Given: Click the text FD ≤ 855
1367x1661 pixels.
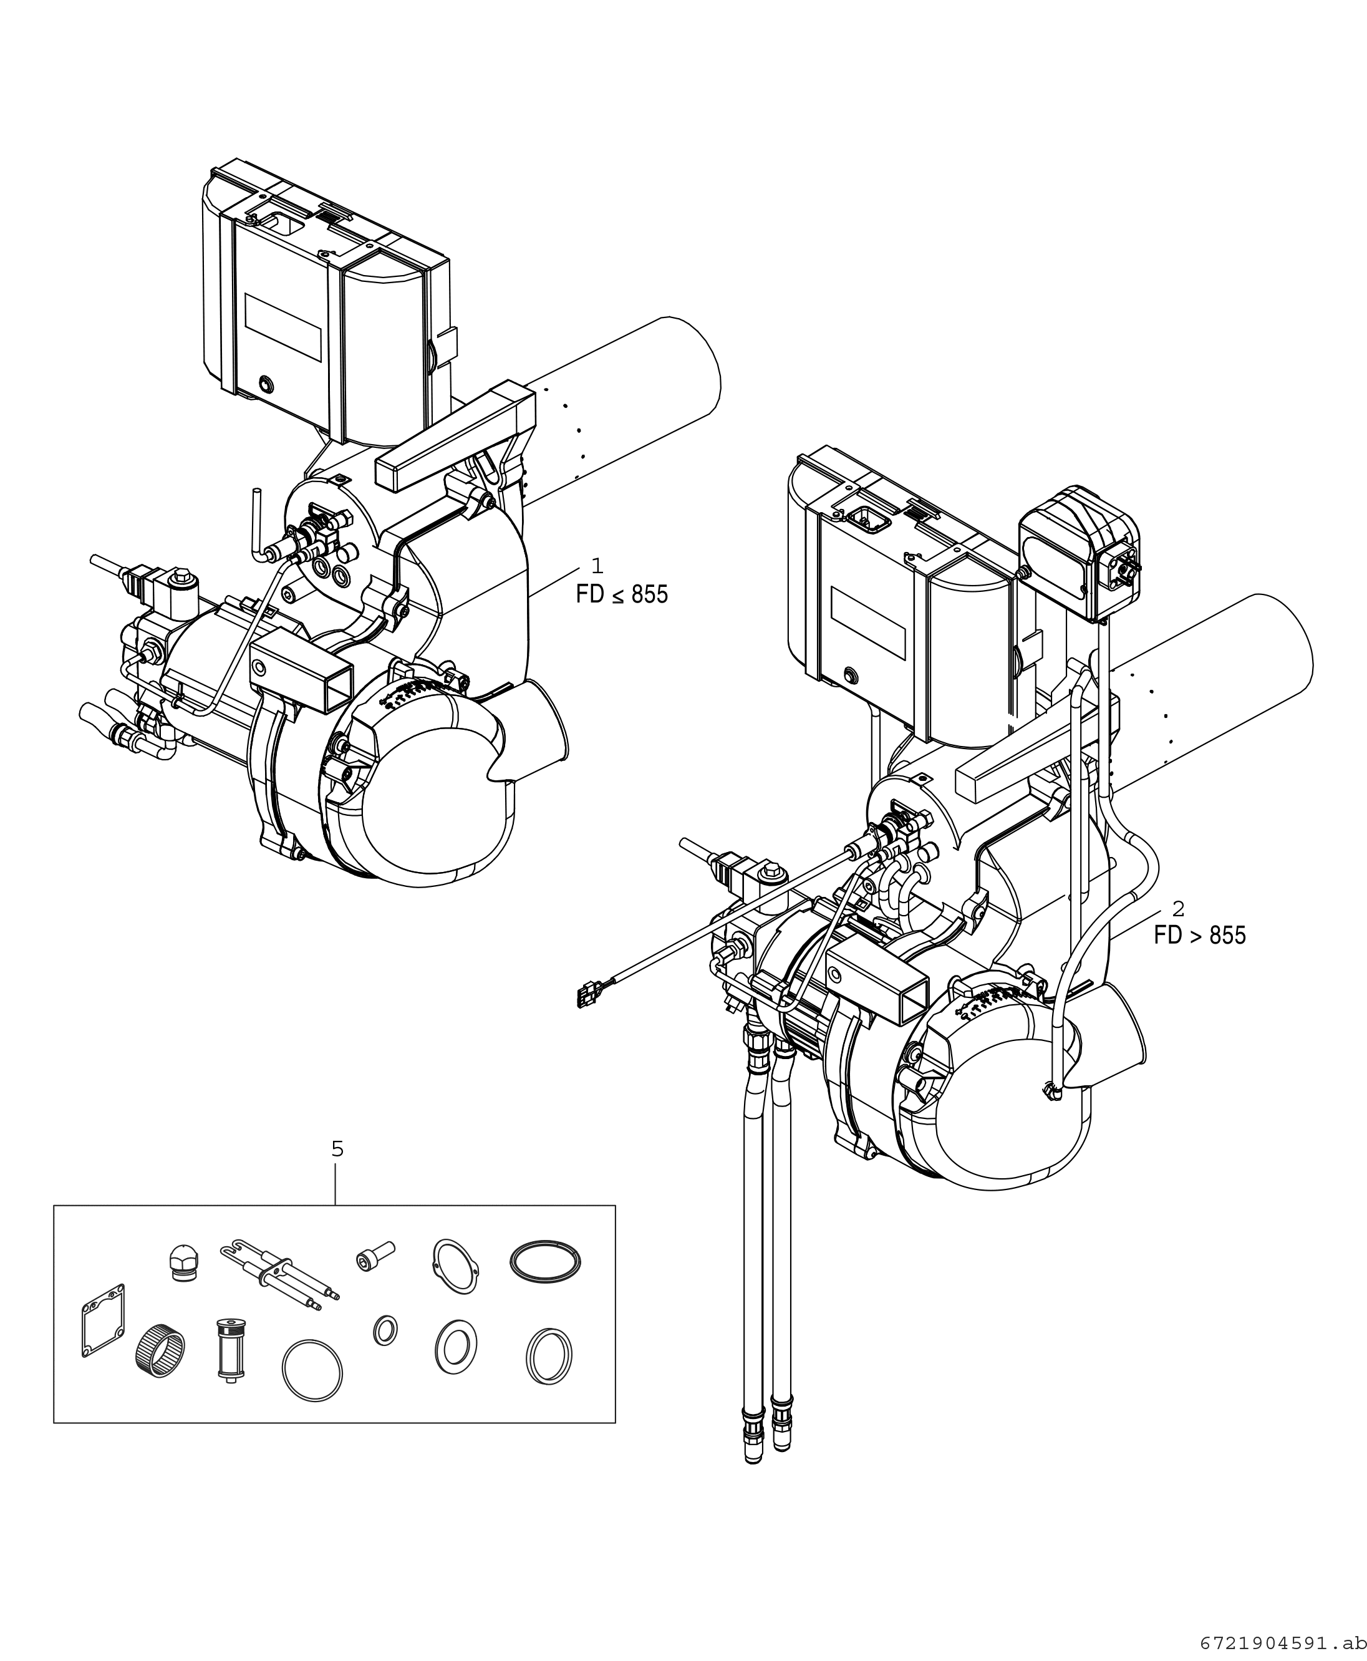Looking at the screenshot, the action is (622, 594).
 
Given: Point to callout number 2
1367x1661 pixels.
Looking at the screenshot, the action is (1178, 908).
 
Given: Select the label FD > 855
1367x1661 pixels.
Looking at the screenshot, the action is (1200, 935).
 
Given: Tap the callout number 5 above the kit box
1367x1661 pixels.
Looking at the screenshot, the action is (337, 1149).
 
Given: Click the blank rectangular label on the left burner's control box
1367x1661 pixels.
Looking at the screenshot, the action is (284, 327).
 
